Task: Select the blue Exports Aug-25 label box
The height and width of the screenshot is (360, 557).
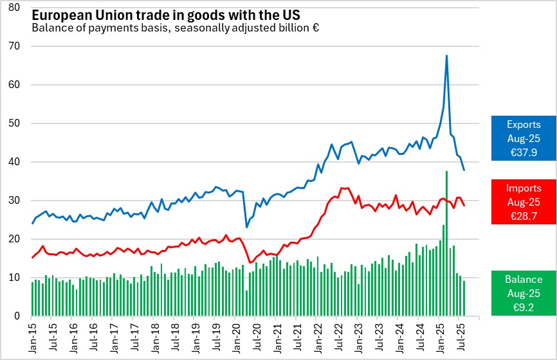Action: coord(524,138)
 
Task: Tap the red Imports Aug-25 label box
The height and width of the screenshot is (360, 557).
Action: coord(524,202)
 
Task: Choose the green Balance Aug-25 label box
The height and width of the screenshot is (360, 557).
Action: coord(524,293)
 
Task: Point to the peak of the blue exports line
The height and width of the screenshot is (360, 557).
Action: coord(446,56)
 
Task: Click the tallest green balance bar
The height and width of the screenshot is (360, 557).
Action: coord(446,244)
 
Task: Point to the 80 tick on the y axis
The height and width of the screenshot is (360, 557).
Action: coord(17,8)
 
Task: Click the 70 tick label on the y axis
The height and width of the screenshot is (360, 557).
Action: coord(17,46)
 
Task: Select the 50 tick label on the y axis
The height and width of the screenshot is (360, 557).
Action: coord(17,123)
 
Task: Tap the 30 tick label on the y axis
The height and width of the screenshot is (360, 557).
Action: coord(17,201)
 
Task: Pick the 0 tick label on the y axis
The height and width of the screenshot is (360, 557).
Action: coord(20,316)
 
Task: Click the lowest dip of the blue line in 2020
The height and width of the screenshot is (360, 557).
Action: coord(247,227)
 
